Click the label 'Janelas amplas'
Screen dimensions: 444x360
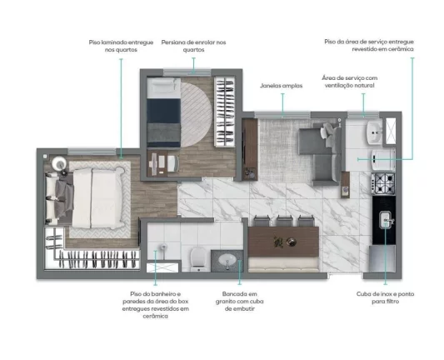pyautogui.click(x=282, y=86)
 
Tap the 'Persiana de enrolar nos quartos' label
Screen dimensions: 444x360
pyautogui.click(x=194, y=46)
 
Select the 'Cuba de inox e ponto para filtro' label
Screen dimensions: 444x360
pyautogui.click(x=385, y=297)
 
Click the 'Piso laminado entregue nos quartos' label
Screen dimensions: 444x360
pyautogui.click(x=121, y=46)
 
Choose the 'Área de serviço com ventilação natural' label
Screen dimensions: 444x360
pyautogui.click(x=349, y=82)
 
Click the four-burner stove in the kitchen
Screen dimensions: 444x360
pyautogui.click(x=383, y=183)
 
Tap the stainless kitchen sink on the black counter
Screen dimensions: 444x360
pyautogui.click(x=386, y=219)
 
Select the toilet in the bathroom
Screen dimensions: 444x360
pyautogui.click(x=197, y=258)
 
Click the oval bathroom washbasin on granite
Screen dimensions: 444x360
pyautogui.click(x=227, y=259)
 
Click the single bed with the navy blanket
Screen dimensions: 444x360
pyautogui.click(x=163, y=112)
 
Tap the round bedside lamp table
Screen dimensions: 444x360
pyautogui.click(x=59, y=163)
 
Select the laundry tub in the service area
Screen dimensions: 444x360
pyautogui.click(x=375, y=132)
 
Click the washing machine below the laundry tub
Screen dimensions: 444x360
pyautogui.click(x=383, y=160)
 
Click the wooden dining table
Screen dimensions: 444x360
pyautogui.click(x=283, y=242)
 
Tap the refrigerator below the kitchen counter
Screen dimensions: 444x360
pyautogui.click(x=382, y=258)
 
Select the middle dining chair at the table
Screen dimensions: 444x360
pyautogui.click(x=284, y=221)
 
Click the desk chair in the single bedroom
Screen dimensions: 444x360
pyautogui.click(x=173, y=163)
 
